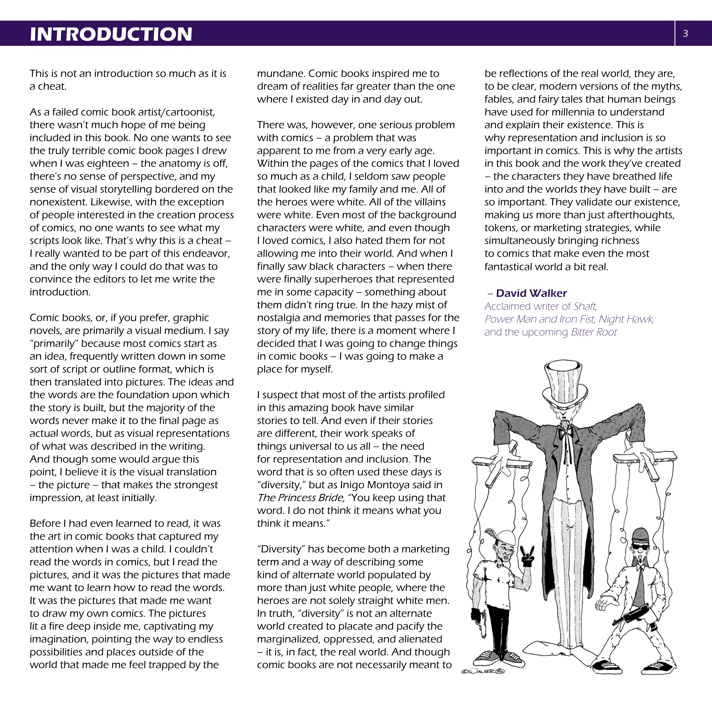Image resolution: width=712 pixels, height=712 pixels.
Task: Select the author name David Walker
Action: click(x=531, y=293)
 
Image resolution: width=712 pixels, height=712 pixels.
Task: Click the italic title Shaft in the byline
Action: click(x=585, y=306)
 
